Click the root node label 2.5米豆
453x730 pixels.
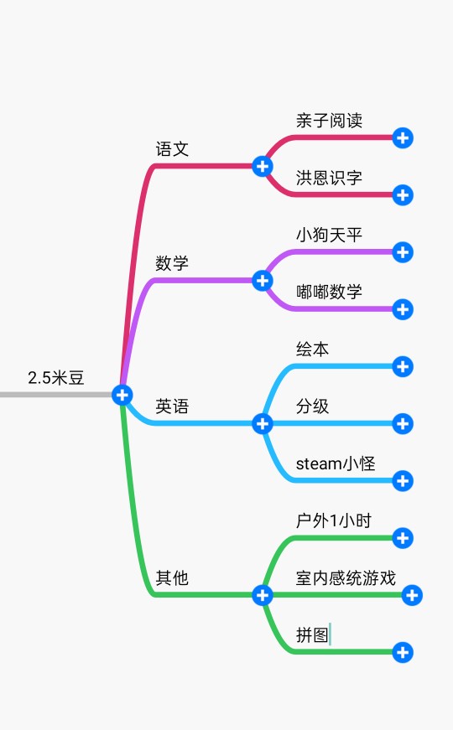point(56,377)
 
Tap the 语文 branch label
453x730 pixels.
point(172,149)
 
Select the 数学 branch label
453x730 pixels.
point(172,263)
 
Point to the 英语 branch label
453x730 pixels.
point(172,406)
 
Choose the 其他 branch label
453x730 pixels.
point(172,577)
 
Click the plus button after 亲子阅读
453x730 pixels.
point(403,137)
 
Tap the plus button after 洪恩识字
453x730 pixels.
point(403,194)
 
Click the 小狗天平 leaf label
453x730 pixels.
point(329,235)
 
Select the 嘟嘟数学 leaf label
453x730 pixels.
point(329,292)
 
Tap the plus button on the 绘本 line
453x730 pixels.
point(403,366)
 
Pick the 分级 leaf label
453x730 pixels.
point(312,406)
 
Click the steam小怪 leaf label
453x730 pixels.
point(336,463)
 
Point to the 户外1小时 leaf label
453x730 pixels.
point(334,520)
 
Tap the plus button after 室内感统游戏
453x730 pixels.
point(412,595)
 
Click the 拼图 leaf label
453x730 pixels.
point(312,634)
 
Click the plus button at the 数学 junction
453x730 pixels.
point(263,280)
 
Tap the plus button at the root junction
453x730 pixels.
point(122,395)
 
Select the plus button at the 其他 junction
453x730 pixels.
point(263,595)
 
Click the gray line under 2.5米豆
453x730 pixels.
point(56,395)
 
